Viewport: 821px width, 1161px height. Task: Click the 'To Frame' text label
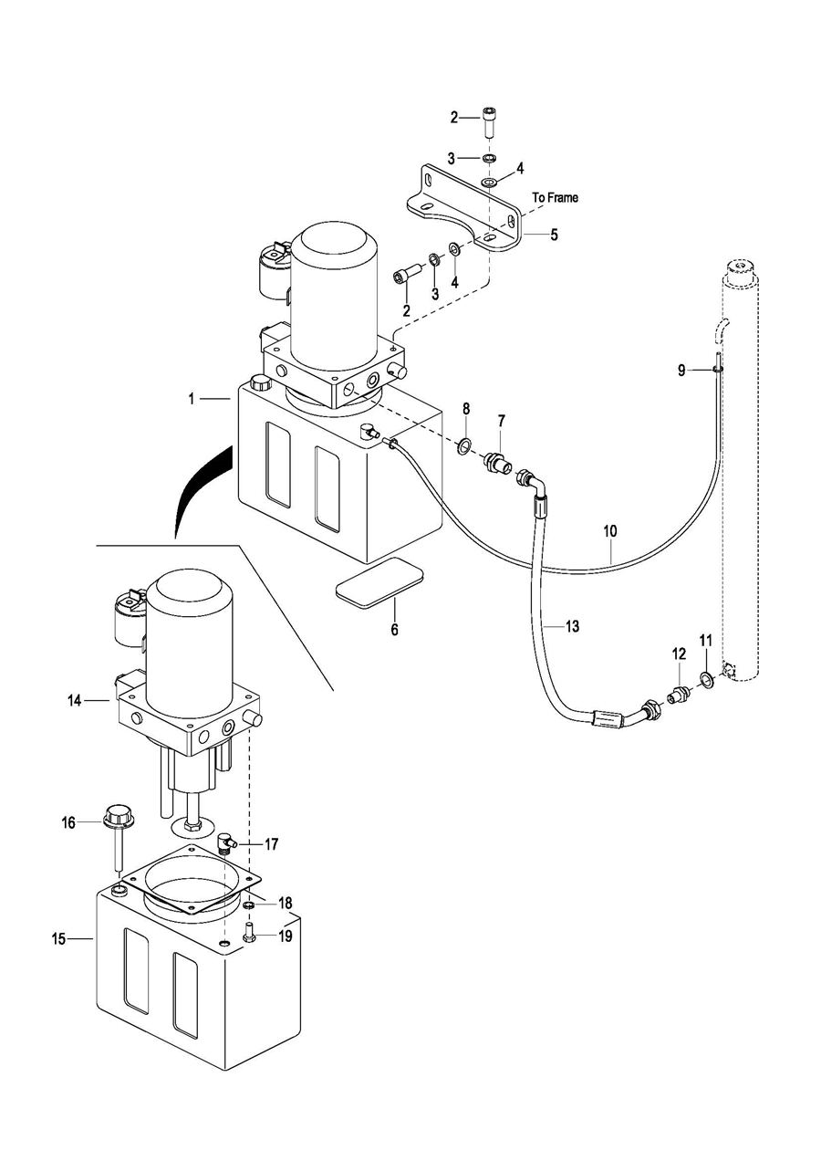coord(555,197)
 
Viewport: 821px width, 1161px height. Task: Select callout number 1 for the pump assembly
coord(192,398)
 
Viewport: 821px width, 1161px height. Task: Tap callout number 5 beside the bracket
coord(554,235)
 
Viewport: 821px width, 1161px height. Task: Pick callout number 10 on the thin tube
coord(610,530)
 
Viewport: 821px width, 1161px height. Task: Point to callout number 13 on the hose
coord(572,626)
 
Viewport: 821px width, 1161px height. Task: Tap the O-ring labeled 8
coord(464,446)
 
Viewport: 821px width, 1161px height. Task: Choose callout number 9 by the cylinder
coord(681,370)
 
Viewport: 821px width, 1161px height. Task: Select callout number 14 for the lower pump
coord(75,700)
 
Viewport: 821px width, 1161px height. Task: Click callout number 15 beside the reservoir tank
coord(58,939)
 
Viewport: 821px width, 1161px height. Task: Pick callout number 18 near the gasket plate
coord(286,903)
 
